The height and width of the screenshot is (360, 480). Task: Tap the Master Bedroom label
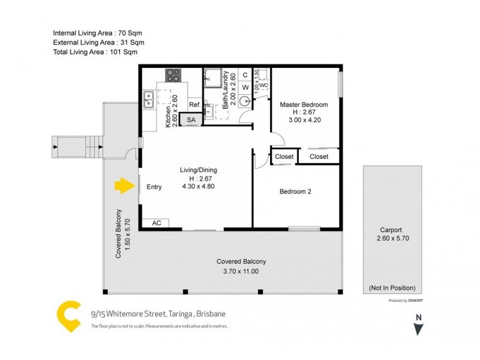pyautogui.click(x=304, y=105)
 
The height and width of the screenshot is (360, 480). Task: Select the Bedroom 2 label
pyautogui.click(x=295, y=192)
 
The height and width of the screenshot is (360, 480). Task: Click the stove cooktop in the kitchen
pyautogui.click(x=173, y=76)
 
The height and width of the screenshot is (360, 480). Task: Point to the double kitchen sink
pyautogui.click(x=148, y=99)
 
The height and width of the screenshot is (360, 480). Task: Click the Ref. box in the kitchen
pyautogui.click(x=194, y=105)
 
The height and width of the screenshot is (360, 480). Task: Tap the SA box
pyautogui.click(x=191, y=120)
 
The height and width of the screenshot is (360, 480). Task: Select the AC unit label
pyautogui.click(x=157, y=223)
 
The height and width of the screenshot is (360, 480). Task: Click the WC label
pyautogui.click(x=263, y=85)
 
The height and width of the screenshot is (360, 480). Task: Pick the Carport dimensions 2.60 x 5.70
pyautogui.click(x=391, y=238)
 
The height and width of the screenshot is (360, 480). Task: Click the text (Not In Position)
pyautogui.click(x=392, y=287)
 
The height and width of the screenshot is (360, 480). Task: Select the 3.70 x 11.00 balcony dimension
pyautogui.click(x=242, y=271)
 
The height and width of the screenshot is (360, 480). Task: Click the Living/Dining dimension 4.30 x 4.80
pyautogui.click(x=198, y=187)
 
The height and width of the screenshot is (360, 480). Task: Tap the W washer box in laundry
pyautogui.click(x=245, y=88)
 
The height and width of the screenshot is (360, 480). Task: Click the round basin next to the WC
pyautogui.click(x=245, y=102)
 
